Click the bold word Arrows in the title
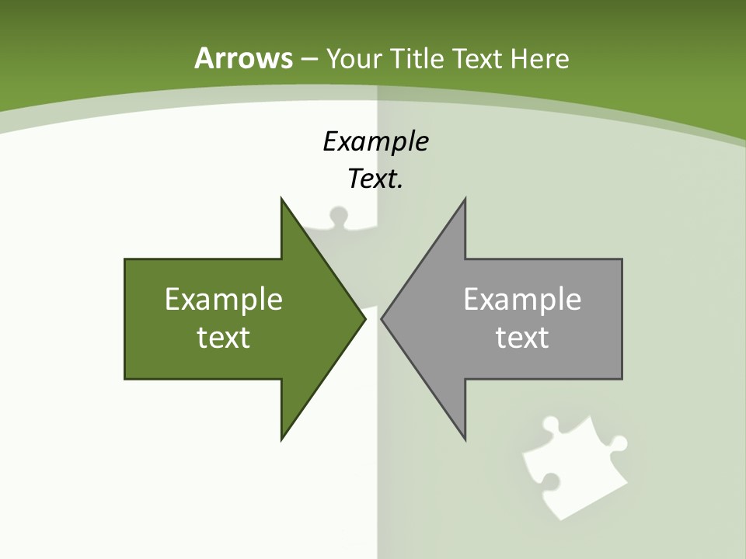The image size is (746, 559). pos(243,58)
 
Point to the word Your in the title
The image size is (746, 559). pos(354,58)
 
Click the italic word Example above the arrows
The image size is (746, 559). pos(375,141)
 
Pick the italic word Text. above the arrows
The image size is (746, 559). pos(375,179)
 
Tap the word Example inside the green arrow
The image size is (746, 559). pos(224,299)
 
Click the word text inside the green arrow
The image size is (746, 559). pos(224,337)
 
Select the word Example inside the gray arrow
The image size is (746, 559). pos(522,299)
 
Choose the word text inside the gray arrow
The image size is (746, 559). pos(522,337)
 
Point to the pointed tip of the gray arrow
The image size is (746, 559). pos(382,318)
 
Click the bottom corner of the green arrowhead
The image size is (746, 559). pos(282,439)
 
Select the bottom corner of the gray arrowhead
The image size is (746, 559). pos(465,439)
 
